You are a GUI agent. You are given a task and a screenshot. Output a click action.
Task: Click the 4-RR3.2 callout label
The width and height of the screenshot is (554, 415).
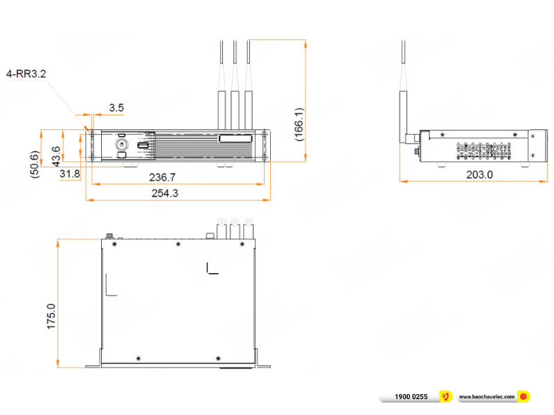(26, 74)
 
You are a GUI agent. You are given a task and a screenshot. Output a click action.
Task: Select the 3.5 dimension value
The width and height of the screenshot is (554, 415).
(116, 107)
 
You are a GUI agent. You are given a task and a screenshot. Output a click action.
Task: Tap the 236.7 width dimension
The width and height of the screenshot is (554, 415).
(163, 178)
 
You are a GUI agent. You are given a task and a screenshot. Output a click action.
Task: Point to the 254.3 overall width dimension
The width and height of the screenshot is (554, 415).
(165, 194)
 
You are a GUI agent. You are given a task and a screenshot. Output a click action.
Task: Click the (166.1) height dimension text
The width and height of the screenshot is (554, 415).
(298, 124)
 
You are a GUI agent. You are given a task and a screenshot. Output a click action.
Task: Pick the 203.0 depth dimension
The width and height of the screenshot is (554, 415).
(479, 175)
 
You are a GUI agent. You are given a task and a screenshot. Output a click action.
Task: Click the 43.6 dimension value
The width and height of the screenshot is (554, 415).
(56, 156)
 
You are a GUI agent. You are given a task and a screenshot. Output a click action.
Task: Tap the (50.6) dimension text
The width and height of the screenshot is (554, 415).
(35, 165)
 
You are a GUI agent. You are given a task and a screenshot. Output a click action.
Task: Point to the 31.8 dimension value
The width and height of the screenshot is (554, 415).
(69, 173)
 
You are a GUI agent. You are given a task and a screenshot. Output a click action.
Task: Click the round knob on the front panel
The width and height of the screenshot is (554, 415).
(122, 145)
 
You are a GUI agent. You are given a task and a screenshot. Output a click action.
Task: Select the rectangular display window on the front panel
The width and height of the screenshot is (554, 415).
(235, 139)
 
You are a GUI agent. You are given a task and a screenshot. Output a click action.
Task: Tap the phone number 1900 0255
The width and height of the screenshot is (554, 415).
(411, 396)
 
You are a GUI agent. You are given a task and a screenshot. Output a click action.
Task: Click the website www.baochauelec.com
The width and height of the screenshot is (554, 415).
(487, 396)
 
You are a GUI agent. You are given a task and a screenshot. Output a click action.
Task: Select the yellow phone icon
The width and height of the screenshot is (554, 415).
(447, 396)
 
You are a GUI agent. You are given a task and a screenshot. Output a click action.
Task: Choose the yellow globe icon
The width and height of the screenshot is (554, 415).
(524, 396)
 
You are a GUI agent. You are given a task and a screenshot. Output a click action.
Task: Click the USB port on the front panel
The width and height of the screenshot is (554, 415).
(143, 146)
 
